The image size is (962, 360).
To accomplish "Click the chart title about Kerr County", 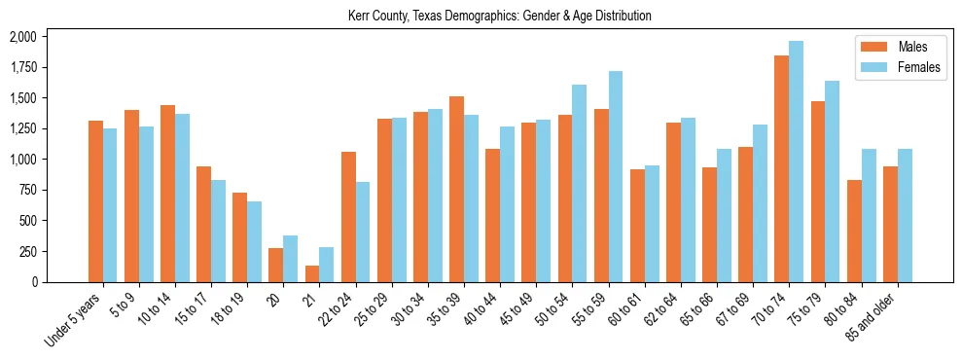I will click(499, 17).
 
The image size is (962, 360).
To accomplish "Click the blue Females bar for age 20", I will click(291, 259).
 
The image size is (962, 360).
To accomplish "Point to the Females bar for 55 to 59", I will click(616, 176).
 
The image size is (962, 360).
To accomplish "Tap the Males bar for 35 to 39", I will click(456, 189).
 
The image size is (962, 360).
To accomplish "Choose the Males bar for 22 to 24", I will click(348, 216).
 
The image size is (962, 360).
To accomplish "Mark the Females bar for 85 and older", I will click(904, 215).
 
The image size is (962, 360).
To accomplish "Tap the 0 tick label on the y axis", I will click(33, 282).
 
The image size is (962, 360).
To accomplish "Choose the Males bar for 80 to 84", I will click(853, 231).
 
